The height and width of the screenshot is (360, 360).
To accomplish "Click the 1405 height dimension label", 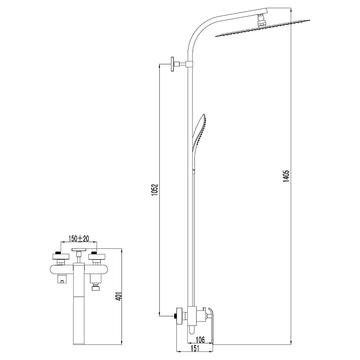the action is point(286,176).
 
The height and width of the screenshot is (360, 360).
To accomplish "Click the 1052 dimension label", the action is point(155,189).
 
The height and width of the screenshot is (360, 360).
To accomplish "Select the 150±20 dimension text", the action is point(79,238).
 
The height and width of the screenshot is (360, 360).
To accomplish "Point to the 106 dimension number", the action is point(200,340).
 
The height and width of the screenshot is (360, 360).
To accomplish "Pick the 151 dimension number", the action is point(195,348).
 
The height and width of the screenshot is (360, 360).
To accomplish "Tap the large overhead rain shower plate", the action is point(263,28).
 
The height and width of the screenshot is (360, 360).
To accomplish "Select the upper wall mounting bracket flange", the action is point(173,64).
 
